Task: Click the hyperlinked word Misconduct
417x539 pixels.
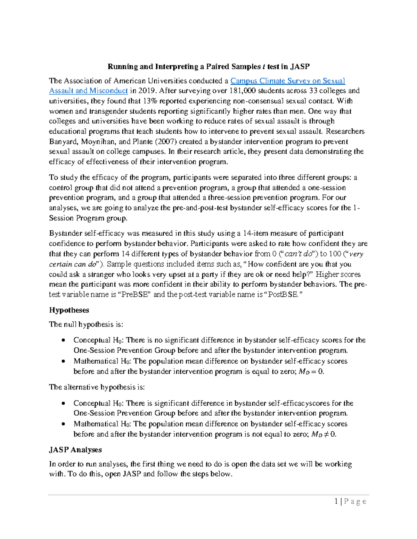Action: pyautogui.click(x=108, y=91)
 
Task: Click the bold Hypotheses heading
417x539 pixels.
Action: pyautogui.click(x=69, y=310)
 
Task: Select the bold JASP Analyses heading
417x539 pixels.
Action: pyautogui.click(x=75, y=450)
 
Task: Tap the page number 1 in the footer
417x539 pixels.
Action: pyautogui.click(x=336, y=502)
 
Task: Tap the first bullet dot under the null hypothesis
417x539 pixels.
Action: pyautogui.click(x=63, y=340)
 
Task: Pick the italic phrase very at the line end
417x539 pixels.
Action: pyautogui.click(x=356, y=254)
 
